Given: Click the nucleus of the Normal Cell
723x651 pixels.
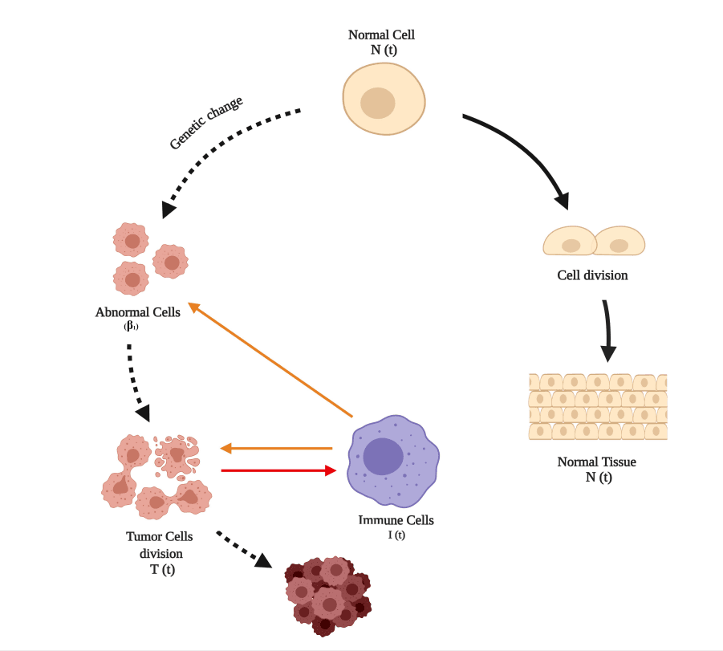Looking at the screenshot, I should click(x=377, y=104).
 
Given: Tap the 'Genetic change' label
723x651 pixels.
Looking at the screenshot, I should click(x=205, y=123).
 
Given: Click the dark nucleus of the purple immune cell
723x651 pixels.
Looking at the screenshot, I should click(x=384, y=456).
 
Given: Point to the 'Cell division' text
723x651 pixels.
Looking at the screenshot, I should click(x=592, y=275).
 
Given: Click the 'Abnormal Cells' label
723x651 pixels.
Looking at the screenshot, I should click(x=137, y=312).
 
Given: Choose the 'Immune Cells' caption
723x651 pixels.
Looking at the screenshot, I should click(x=396, y=520).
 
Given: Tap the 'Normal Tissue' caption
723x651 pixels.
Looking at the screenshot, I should click(x=596, y=462).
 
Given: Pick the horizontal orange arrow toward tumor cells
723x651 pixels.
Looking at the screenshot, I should click(x=276, y=448).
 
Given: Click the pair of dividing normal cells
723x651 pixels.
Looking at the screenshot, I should click(x=594, y=240).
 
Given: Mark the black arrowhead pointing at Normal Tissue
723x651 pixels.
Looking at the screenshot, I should click(x=609, y=353).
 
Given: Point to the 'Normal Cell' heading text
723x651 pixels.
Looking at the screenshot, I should click(x=381, y=35).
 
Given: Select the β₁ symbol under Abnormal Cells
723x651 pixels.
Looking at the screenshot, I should click(x=132, y=326).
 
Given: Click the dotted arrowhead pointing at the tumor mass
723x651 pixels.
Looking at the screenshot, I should click(x=262, y=560).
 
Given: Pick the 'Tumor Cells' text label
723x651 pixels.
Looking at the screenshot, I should click(x=160, y=537).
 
